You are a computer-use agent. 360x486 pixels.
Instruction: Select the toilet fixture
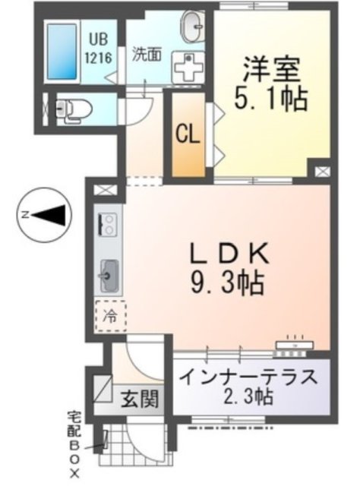tap(73, 109)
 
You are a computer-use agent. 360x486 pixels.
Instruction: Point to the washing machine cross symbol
tap(186, 68)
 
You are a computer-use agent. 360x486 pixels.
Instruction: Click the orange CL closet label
tap(188, 134)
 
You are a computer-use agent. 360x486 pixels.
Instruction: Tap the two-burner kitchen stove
tap(107, 224)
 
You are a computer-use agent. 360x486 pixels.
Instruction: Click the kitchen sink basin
tap(107, 271)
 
